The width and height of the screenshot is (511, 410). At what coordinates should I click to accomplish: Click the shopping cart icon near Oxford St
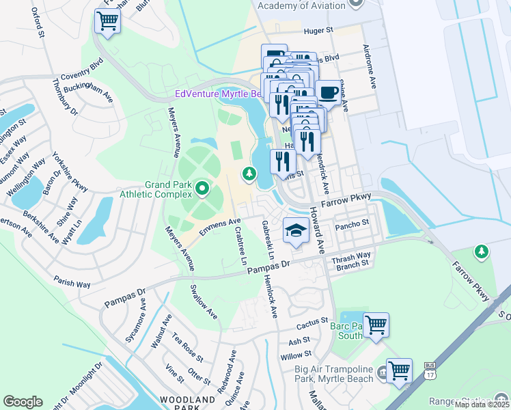107,21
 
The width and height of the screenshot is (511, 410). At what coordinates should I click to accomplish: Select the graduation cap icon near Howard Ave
295,230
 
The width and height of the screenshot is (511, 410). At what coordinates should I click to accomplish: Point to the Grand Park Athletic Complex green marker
202,187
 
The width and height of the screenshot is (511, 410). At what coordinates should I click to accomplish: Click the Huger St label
318,31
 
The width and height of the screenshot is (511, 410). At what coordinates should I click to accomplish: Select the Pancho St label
355,223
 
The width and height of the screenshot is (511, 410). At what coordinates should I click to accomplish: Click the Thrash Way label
350,256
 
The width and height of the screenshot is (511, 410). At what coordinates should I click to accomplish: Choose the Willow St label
296,355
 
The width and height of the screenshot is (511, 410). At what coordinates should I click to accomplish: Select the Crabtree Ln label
240,246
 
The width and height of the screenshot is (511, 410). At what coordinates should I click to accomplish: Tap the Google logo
23,402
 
